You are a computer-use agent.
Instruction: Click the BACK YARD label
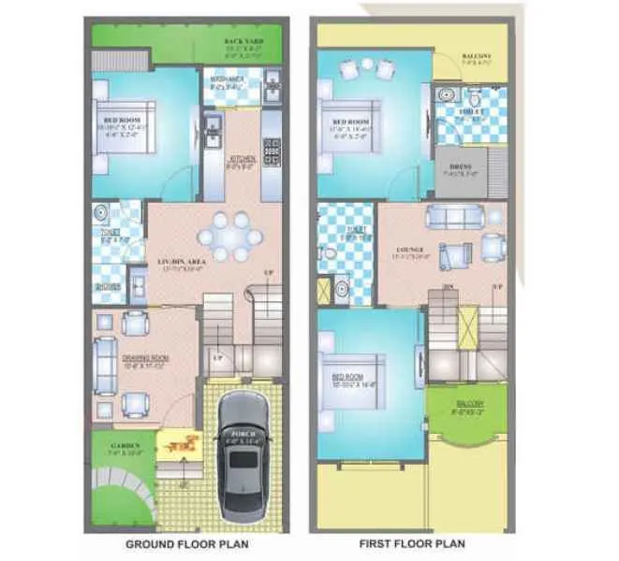pyautogui.click(x=240, y=42)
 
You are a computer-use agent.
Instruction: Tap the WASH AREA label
pyautogui.click(x=227, y=79)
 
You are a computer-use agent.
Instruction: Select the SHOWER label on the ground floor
pyautogui.click(x=108, y=288)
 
